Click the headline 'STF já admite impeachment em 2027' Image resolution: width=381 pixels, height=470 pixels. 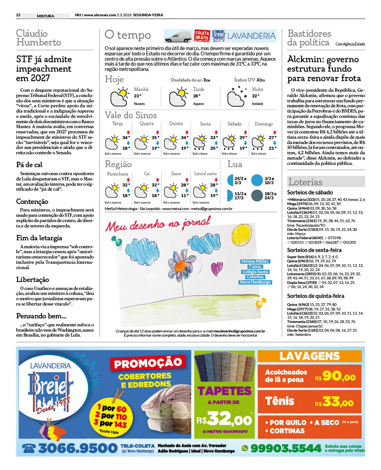point(44,69)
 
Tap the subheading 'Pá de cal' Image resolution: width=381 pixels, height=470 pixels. point(29,164)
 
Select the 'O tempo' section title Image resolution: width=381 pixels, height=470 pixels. point(128,35)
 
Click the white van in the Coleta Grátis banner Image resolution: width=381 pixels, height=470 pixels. point(178,37)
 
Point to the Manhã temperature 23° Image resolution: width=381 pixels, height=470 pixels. point(137,96)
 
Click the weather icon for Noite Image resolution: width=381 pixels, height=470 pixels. point(236,97)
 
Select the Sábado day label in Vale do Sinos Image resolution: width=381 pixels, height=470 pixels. point(234,124)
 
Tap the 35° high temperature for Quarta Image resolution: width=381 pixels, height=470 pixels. point(155,138)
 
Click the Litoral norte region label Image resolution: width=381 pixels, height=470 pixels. point(205,174)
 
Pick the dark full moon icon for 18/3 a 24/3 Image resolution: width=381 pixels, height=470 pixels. point(257,196)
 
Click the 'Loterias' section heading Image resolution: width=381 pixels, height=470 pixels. point(305,182)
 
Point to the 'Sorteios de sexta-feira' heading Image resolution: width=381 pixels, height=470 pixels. point(314,250)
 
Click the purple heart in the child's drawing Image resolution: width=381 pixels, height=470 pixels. point(217,268)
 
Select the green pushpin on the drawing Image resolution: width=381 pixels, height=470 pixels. point(116,240)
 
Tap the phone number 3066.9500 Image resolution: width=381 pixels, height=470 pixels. point(78,448)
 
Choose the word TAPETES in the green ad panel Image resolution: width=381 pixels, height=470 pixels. point(224,390)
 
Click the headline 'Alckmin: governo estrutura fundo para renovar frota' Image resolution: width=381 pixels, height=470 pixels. point(324,69)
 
